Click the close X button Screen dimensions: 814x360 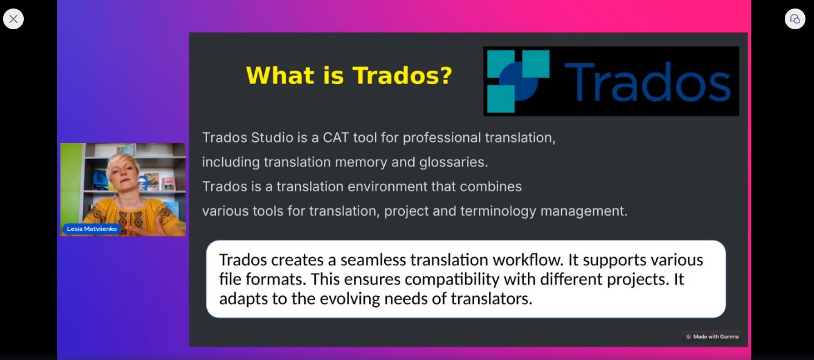tap(13, 19)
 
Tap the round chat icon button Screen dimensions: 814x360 tap(795, 19)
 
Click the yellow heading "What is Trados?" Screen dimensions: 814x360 tap(349, 76)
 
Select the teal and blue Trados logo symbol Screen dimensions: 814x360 tap(518, 81)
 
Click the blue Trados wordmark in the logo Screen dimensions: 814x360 tap(647, 82)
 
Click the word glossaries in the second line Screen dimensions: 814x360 tap(453, 162)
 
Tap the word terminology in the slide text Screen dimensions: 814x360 tap(498, 211)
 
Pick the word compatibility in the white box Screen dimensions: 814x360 tap(452, 280)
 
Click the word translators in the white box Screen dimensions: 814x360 tap(491, 299)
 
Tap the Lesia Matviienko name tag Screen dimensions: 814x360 tap(91, 228)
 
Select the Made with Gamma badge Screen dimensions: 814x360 tap(712, 337)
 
